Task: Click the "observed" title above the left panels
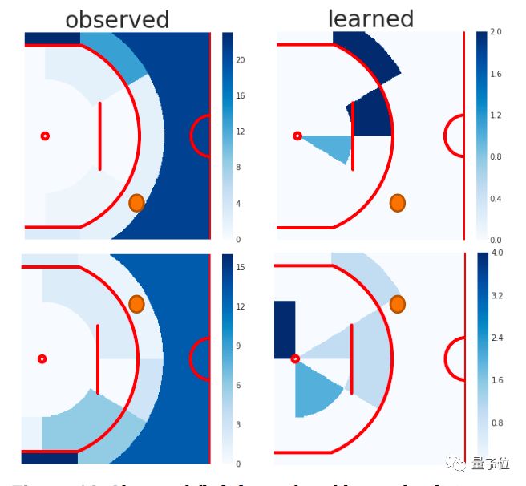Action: tap(117, 20)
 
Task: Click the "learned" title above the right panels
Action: tap(370, 18)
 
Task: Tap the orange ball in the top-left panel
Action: tap(136, 203)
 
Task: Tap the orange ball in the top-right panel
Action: tap(397, 203)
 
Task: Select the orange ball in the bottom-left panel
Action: tap(136, 304)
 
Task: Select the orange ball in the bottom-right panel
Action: tap(397, 304)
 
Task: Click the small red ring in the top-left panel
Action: tap(45, 136)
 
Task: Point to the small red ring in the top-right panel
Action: tap(297, 136)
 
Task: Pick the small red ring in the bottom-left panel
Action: tap(42, 358)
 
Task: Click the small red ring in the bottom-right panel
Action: tap(295, 358)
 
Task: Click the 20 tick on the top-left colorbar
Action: tap(241, 60)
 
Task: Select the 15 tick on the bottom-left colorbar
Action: tap(240, 267)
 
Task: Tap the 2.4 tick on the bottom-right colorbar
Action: tap(496, 338)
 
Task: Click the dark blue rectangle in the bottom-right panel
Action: tap(285, 329)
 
